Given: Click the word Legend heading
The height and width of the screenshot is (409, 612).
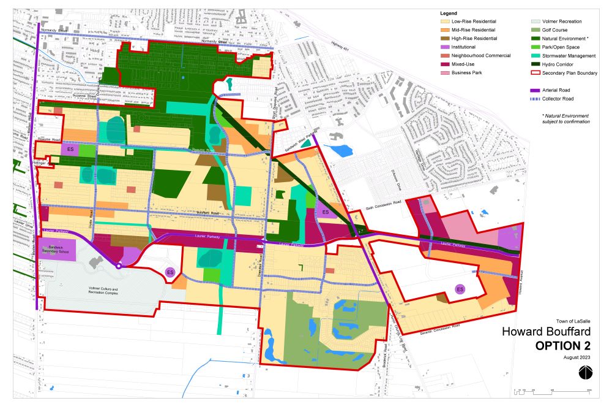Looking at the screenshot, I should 449,13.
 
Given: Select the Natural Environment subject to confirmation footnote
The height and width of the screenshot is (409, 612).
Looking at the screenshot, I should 565,118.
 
